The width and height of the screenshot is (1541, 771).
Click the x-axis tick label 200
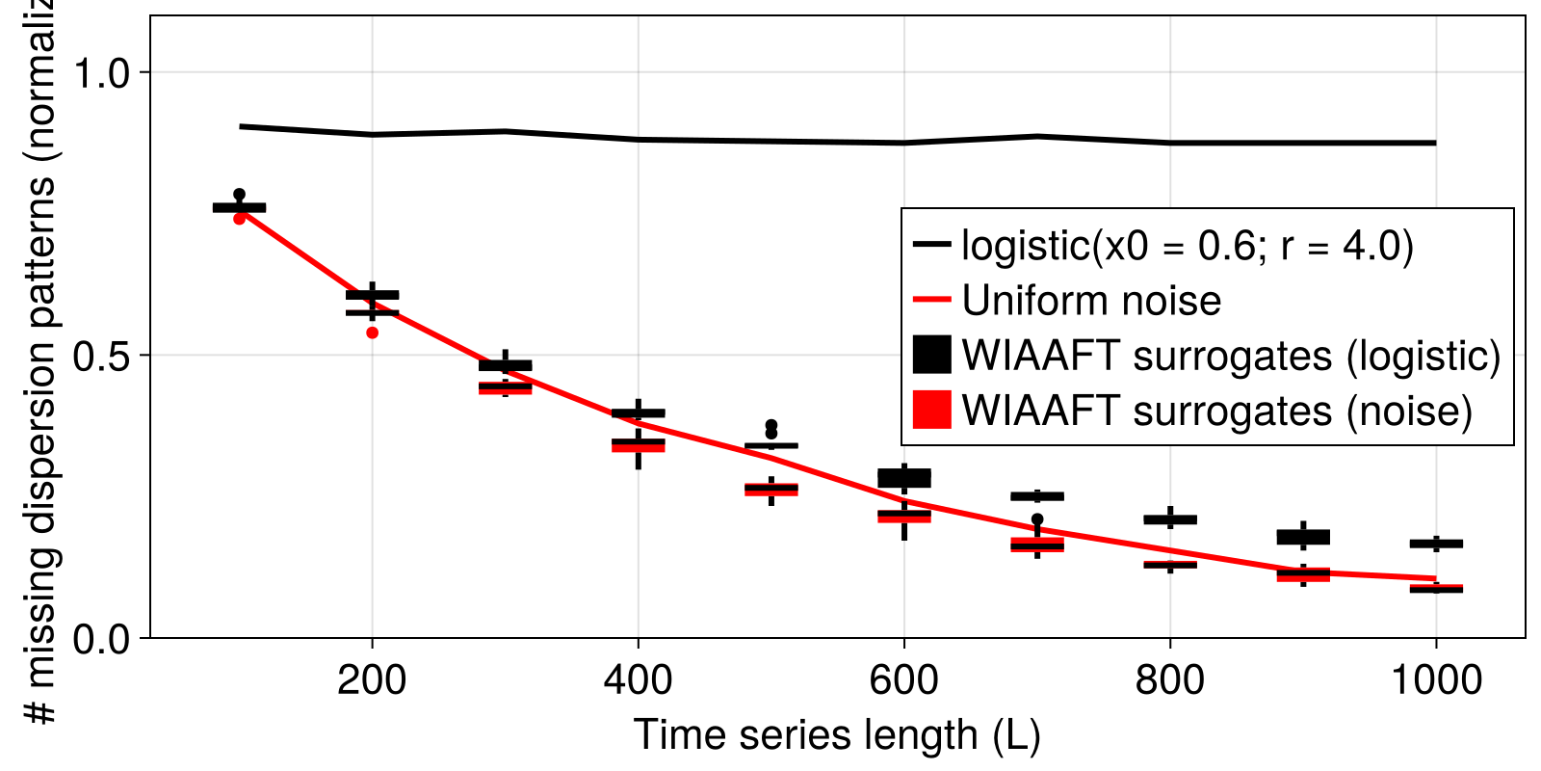coord(372,680)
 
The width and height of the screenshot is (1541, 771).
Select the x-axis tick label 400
coord(638,680)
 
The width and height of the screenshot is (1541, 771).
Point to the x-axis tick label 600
coord(903,680)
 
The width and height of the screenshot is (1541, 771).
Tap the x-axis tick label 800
coord(1169,680)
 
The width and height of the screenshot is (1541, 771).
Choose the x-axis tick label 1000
coord(1436,680)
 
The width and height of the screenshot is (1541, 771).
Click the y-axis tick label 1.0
coord(107,73)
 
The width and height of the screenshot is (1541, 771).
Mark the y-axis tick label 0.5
coord(107,356)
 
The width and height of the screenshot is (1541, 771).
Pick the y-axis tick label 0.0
coord(107,638)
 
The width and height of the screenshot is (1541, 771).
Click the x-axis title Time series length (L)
coord(837,735)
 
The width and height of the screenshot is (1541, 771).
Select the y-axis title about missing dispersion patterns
coord(40,366)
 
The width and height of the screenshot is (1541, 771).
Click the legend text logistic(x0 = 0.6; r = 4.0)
coord(1188,246)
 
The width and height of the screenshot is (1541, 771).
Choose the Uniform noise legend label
coord(1091,301)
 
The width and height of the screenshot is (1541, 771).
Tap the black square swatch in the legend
coord(931,355)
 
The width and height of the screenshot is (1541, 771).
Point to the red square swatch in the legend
coord(931,410)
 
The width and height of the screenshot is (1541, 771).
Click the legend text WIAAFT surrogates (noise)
coord(1217,411)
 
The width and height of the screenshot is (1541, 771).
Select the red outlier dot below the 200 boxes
coord(373,332)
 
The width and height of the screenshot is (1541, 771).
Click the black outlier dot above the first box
coord(240,195)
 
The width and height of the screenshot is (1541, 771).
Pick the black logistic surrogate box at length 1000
coord(1436,544)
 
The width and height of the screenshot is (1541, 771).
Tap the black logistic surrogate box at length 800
coord(1170,519)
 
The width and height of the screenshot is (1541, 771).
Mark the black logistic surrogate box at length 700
coord(1037,496)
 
